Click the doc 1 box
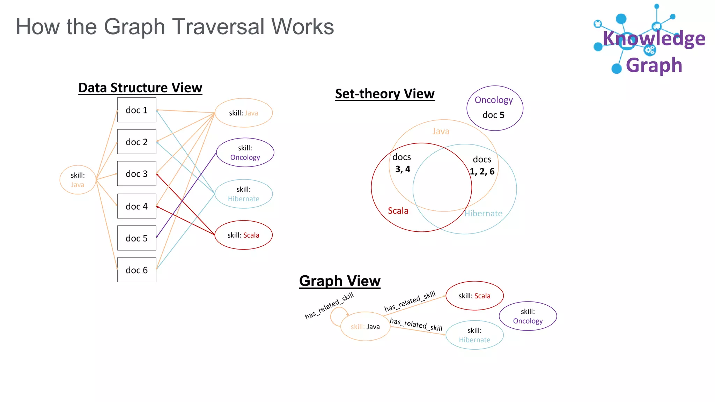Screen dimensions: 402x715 point(137,110)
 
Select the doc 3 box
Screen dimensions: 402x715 point(137,173)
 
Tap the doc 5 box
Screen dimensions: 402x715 point(137,238)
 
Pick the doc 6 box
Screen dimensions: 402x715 point(137,270)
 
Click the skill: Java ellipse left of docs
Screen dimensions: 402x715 point(78,180)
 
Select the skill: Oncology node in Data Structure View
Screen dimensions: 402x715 point(245,152)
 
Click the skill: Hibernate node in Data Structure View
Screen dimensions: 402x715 point(243,194)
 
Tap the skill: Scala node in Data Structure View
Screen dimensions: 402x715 point(243,235)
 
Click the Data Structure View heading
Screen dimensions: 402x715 point(140,88)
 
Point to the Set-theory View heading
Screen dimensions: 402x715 point(384,94)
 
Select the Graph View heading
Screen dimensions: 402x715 point(339,281)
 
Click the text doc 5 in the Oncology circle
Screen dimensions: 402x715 point(493,115)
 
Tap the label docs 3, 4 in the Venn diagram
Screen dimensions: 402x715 point(402,163)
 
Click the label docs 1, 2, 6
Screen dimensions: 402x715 point(482,165)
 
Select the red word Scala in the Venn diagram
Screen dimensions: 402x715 point(398,211)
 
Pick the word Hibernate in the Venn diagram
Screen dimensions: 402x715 point(483,214)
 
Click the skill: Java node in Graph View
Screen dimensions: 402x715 point(365,327)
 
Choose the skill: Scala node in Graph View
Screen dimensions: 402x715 point(474,296)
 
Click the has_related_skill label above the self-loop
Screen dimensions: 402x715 point(329,306)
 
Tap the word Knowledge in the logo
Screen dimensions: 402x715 point(654,38)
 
